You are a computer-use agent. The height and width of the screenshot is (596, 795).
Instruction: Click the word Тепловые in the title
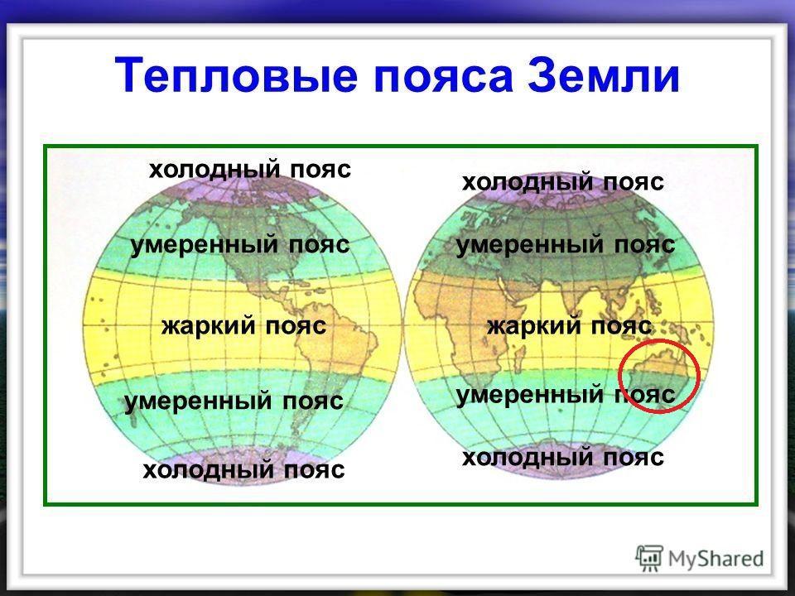click(236, 76)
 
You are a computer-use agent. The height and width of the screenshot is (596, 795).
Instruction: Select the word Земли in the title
click(603, 75)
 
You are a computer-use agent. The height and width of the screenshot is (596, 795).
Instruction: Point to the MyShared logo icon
click(649, 559)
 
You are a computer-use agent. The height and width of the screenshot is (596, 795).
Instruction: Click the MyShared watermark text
click(715, 559)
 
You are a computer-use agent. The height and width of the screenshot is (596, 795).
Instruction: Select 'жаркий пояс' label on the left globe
click(243, 326)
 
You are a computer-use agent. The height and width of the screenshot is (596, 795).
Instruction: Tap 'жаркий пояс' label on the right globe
click(569, 326)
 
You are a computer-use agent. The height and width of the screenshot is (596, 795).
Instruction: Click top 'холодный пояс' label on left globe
click(250, 170)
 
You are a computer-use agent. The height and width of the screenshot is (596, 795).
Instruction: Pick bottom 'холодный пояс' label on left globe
click(243, 470)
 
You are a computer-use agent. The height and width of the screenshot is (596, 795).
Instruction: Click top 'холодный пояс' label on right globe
click(563, 182)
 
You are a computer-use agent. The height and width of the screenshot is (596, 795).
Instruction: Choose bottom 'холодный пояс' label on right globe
click(563, 458)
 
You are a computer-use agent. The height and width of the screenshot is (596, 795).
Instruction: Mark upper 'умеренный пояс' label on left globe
click(240, 246)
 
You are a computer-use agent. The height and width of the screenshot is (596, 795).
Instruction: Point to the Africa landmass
click(456, 324)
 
